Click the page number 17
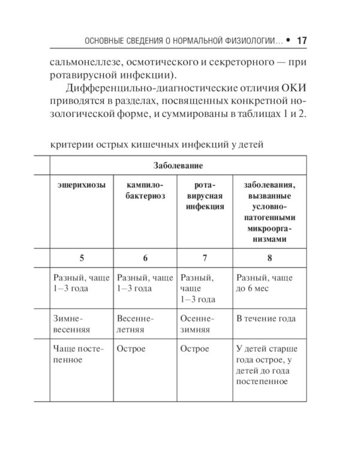[x=302, y=41]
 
